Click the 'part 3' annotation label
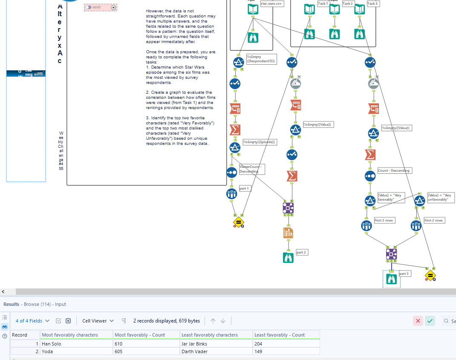point(404,274)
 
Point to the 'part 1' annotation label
point(244,188)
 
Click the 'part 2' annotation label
point(302,252)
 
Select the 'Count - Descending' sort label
point(394,170)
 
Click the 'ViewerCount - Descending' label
point(251,169)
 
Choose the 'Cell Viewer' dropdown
point(98,321)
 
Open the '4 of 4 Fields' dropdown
point(32,321)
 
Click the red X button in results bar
point(418,321)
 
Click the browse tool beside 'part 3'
point(392,279)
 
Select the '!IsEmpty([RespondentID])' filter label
point(261,59)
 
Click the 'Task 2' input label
point(348,3)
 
